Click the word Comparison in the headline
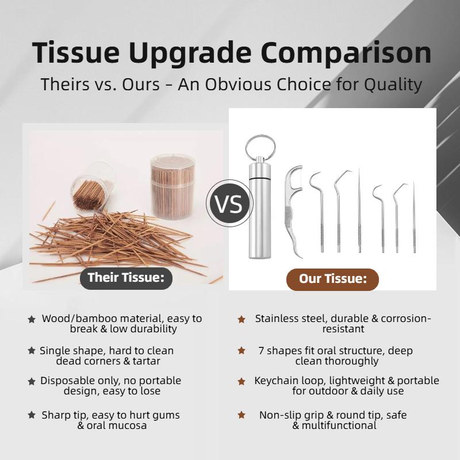pyautogui.click(x=346, y=53)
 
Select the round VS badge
pyautogui.click(x=229, y=204)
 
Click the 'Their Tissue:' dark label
pyautogui.click(x=126, y=278)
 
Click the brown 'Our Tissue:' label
pyautogui.click(x=333, y=279)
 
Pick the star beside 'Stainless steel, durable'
pyautogui.click(x=241, y=319)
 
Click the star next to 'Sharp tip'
pyautogui.click(x=32, y=415)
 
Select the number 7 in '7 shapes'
pyautogui.click(x=261, y=351)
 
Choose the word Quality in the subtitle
pyautogui.click(x=393, y=85)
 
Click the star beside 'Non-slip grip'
pyautogui.click(x=241, y=415)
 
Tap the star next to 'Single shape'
pyautogui.click(x=32, y=350)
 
